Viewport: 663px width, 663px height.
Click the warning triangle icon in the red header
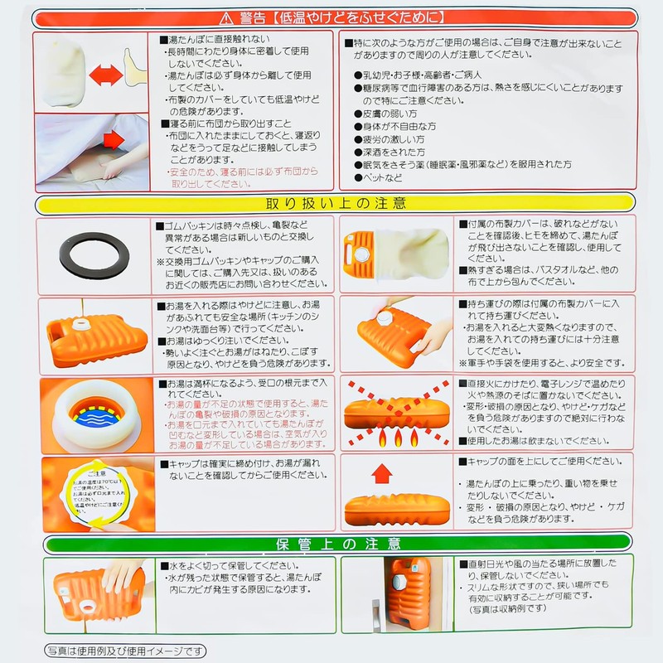(226, 17)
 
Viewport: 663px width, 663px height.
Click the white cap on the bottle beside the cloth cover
(363, 254)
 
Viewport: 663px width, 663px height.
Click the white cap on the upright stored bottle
(399, 583)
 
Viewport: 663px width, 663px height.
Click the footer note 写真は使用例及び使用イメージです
(125, 651)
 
